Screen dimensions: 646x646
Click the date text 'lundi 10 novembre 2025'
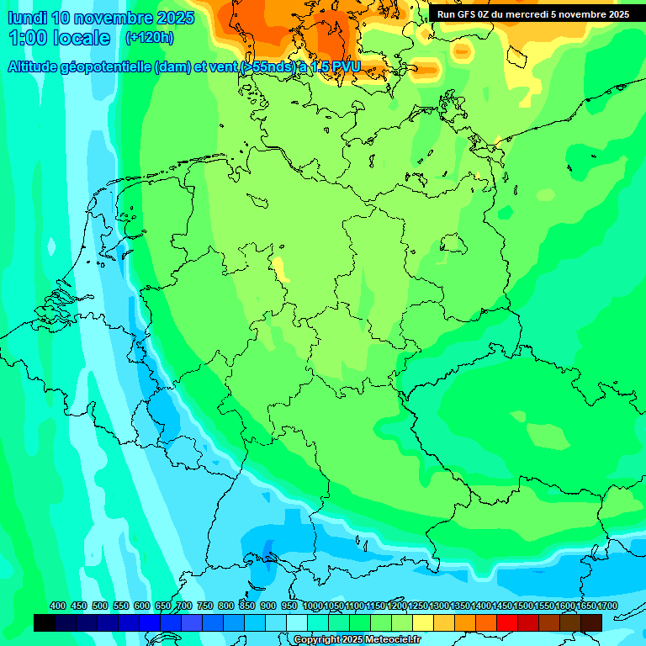tap(101, 18)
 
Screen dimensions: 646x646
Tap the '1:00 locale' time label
tap(59, 38)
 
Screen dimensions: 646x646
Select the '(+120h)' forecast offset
tap(149, 38)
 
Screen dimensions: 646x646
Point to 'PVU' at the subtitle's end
tap(345, 67)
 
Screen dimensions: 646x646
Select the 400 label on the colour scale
tap(58, 606)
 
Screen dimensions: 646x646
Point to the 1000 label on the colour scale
tap(313, 606)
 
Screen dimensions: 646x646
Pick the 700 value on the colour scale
tap(184, 606)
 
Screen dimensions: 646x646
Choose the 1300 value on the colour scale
tap(439, 606)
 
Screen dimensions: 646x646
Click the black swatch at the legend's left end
tap(45, 622)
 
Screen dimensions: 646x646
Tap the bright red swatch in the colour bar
tap(507, 622)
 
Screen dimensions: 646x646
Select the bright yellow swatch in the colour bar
tap(423, 622)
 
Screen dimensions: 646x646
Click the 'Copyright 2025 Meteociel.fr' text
tap(357, 640)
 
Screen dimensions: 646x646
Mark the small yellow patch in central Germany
tap(279, 268)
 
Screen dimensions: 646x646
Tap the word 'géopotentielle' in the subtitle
tap(109, 67)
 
